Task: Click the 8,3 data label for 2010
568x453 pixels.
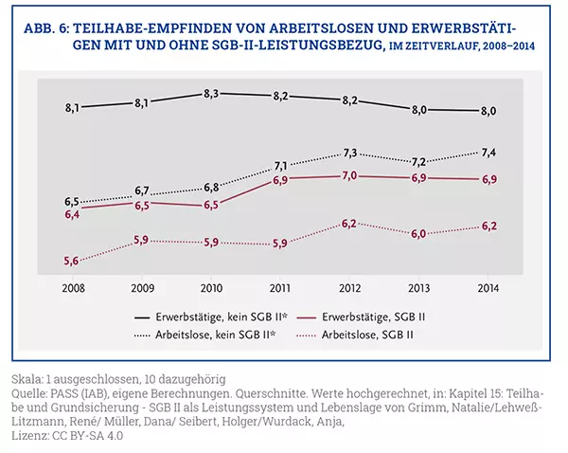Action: click(212, 94)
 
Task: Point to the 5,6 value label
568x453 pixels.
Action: click(72, 262)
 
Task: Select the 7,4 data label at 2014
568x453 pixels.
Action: click(488, 153)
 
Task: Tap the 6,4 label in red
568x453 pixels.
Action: click(72, 216)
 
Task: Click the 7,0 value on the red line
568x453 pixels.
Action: click(349, 175)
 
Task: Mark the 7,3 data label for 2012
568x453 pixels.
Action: click(349, 154)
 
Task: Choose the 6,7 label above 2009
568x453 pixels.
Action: click(142, 190)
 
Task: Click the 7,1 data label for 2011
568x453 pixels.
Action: click(281, 166)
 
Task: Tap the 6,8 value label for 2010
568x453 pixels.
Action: click(212, 187)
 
